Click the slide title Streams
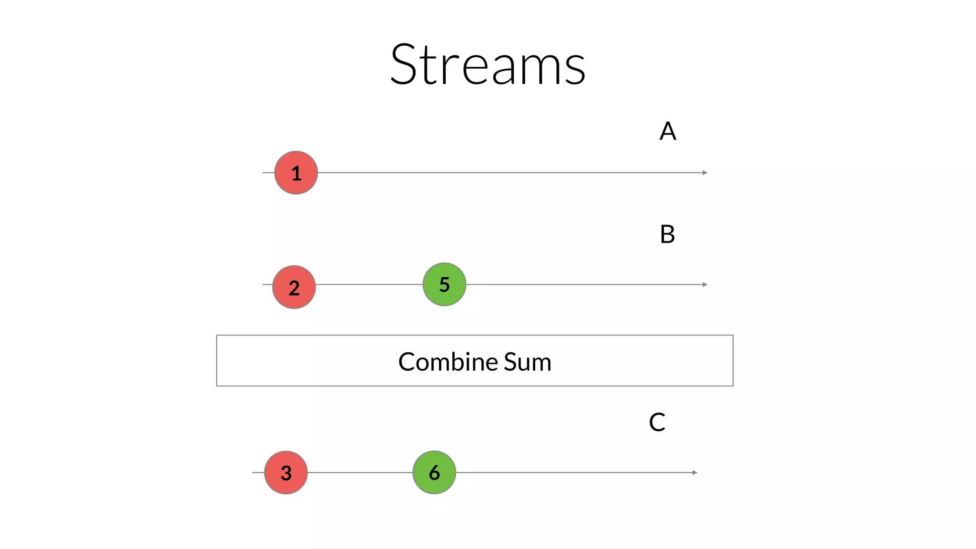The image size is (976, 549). click(x=488, y=64)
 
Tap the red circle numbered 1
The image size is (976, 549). click(x=296, y=173)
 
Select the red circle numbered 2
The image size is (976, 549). click(x=294, y=287)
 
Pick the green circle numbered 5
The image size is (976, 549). click(x=444, y=284)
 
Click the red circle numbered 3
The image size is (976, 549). click(x=286, y=472)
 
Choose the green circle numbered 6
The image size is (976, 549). click(x=434, y=472)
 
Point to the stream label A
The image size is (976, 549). click(x=668, y=131)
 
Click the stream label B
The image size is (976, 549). click(x=667, y=234)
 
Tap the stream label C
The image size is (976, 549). click(x=657, y=422)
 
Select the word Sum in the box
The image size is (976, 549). click(x=528, y=362)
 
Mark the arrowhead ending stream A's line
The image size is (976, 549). click(x=705, y=173)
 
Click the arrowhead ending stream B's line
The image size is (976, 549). click(x=705, y=285)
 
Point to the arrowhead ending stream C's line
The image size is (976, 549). click(x=695, y=472)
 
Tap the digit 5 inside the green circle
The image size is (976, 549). click(x=444, y=285)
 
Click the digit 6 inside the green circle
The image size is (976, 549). click(x=434, y=473)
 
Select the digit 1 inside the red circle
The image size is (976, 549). click(x=296, y=173)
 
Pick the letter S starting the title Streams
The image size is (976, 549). click(x=407, y=64)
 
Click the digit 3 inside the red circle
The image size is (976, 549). click(x=286, y=473)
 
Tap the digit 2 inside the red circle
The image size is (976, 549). click(x=294, y=288)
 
